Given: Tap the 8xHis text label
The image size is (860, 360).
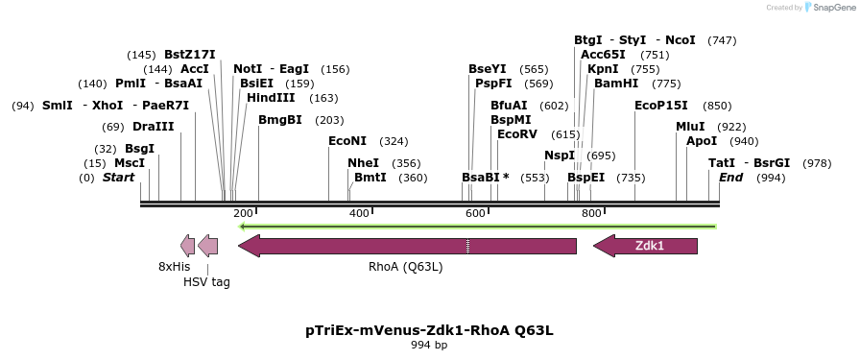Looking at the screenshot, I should click(174, 266).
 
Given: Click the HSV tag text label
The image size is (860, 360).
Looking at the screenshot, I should click(206, 281).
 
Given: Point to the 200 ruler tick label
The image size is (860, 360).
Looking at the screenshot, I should click(243, 213).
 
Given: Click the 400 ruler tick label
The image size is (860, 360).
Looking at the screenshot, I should click(359, 213).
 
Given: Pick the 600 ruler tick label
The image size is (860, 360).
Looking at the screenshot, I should click(475, 213).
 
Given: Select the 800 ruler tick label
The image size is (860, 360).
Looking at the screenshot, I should click(591, 213).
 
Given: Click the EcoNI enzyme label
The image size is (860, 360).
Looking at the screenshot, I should click(347, 141).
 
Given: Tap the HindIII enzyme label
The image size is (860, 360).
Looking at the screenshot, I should click(271, 98).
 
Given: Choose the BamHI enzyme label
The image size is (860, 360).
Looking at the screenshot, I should click(616, 84).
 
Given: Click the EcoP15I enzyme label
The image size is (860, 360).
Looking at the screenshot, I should click(661, 106).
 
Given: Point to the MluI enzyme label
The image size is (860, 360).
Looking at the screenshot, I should click(690, 127).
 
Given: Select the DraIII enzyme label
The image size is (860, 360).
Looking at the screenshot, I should click(154, 127).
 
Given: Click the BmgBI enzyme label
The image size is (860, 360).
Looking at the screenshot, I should click(280, 120).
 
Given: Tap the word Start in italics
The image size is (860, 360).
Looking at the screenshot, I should click(119, 178).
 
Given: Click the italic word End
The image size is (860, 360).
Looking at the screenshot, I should click(731, 178).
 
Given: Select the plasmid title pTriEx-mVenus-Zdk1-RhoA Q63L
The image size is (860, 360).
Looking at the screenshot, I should click(429, 330).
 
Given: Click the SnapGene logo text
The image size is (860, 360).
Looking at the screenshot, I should click(830, 7).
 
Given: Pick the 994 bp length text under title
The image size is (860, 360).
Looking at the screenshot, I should click(429, 345).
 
